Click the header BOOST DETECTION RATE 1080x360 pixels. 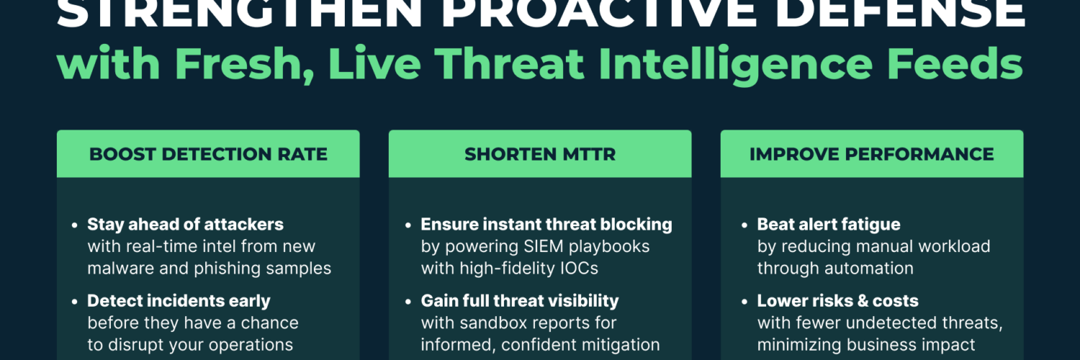pos(208,154)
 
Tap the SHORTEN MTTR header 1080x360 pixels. pos(540,154)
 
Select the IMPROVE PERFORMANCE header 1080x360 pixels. pos(872,154)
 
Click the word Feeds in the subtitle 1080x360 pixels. pos(955,63)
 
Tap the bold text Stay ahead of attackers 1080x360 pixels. pos(185,225)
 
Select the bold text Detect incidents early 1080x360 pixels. pos(179,301)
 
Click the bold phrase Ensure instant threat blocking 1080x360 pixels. pos(546,225)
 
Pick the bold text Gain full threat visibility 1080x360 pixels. pos(520,301)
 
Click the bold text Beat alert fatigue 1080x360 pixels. pos(829,225)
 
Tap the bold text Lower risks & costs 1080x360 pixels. pos(838,301)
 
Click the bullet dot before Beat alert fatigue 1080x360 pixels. pos(744,225)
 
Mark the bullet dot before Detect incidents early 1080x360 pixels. pos(74,302)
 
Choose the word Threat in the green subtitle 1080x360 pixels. pos(509,63)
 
